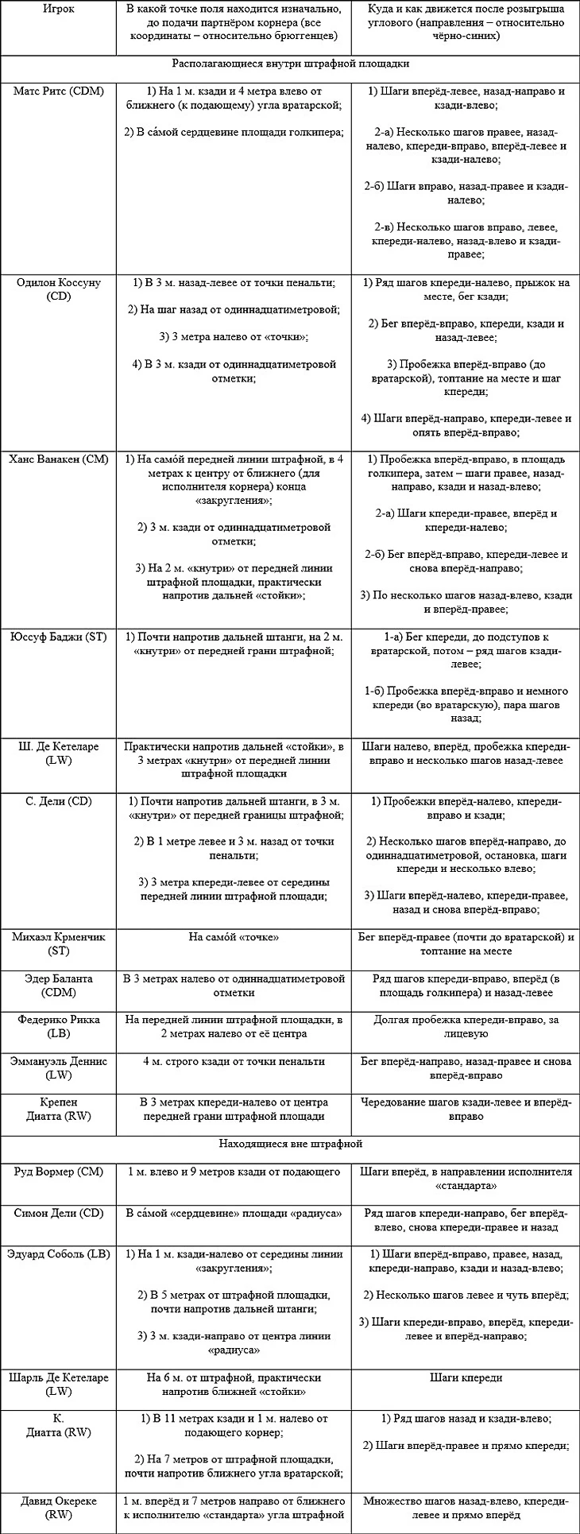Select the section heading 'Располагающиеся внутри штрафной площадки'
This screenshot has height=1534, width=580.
[x=290, y=64]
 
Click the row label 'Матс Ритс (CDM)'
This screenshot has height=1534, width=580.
[x=58, y=91]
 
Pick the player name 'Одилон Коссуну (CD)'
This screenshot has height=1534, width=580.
[x=58, y=289]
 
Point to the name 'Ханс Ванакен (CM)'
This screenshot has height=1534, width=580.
[x=58, y=459]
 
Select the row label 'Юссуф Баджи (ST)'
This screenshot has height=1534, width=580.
[x=58, y=637]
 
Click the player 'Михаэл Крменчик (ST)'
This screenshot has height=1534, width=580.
[x=58, y=943]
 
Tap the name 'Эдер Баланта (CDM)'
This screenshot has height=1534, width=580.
[x=58, y=986]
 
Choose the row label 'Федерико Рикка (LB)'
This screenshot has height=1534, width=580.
[x=58, y=1026]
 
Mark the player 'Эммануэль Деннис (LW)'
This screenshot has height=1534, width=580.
[x=58, y=1067]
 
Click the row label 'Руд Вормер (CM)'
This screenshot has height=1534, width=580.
[x=58, y=1172]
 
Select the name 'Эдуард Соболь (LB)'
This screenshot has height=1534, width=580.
[x=58, y=1254]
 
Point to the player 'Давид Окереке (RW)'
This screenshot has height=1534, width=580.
[x=58, y=1507]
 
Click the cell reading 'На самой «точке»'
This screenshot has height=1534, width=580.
[x=234, y=937]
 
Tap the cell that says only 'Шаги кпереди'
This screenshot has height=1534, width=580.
[x=466, y=1377]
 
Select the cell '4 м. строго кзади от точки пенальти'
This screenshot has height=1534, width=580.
[x=234, y=1061]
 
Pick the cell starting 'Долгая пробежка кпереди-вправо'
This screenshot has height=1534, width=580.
[x=466, y=1026]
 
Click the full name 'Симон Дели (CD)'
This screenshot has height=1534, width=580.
[x=58, y=1213]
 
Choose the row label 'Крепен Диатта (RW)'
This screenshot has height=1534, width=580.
[x=58, y=1109]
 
